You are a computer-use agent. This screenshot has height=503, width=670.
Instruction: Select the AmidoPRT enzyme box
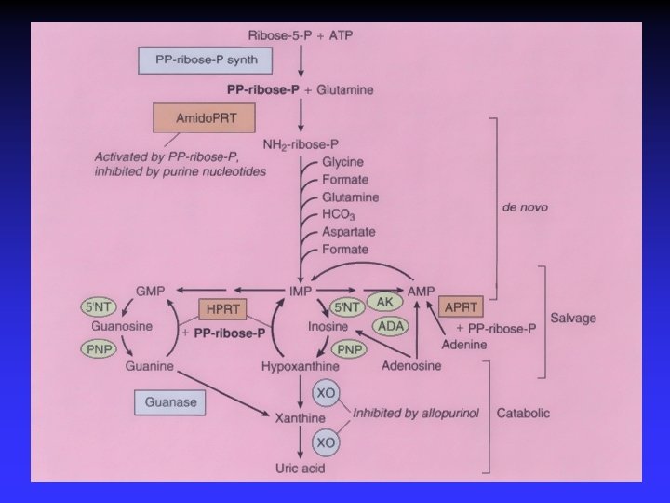click(203, 119)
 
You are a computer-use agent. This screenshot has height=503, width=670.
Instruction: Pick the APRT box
click(462, 306)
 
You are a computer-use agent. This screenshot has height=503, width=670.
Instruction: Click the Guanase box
click(169, 403)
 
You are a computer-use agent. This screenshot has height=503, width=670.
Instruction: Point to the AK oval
click(384, 303)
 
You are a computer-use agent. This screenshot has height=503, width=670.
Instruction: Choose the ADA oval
click(388, 326)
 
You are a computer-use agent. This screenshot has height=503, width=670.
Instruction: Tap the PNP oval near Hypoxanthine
click(349, 350)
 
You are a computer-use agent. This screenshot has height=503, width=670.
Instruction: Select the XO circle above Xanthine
click(327, 394)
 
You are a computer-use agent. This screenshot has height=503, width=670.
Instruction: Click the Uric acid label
click(300, 468)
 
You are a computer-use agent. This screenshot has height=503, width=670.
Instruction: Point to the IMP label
click(300, 292)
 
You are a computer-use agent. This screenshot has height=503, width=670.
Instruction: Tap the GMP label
click(150, 292)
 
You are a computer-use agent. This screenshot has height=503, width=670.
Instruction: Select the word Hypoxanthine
click(300, 368)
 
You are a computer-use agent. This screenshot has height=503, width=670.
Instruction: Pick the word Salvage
click(572, 318)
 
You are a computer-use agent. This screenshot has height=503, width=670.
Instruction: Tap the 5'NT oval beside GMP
click(99, 306)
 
